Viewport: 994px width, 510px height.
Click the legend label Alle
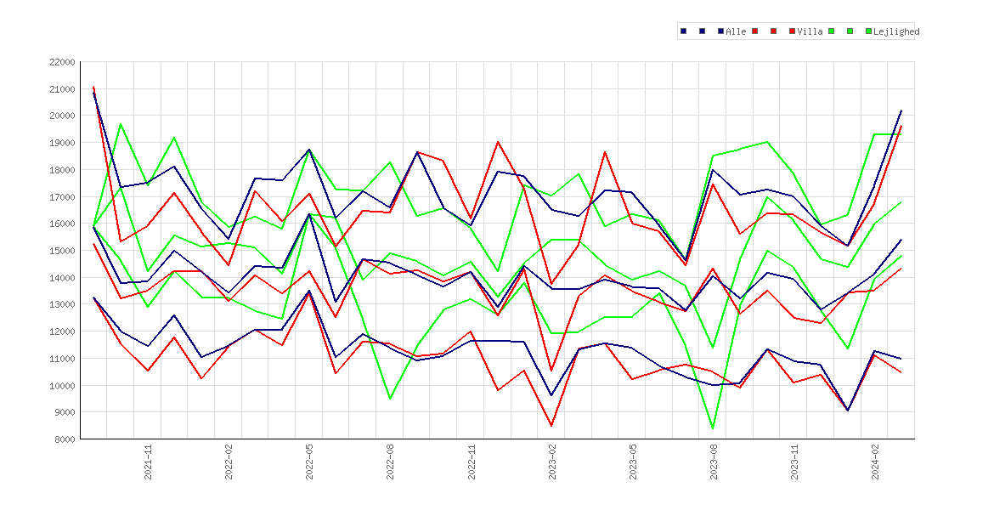[736, 31]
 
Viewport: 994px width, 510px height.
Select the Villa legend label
[810, 31]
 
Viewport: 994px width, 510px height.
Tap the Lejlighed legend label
[896, 31]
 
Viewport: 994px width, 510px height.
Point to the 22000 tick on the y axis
[62, 62]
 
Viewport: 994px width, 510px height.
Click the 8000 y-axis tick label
[65, 439]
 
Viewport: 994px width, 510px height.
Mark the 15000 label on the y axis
[62, 251]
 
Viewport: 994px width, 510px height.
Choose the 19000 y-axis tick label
[62, 143]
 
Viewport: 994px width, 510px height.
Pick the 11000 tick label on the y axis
[62, 359]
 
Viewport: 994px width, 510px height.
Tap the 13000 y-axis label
[62, 304]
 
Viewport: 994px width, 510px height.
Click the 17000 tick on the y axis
[62, 196]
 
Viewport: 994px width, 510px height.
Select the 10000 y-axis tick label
[62, 386]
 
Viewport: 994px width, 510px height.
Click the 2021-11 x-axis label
[148, 462]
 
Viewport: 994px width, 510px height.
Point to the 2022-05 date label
[309, 462]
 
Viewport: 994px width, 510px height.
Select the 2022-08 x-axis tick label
[391, 462]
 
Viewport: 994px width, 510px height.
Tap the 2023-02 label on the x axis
[552, 462]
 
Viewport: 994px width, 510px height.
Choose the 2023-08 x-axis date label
[714, 462]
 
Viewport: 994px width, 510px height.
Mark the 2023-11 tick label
[794, 462]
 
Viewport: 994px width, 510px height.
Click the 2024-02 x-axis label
[875, 462]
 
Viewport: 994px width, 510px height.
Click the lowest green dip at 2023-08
[713, 428]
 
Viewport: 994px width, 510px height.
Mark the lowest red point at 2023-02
[551, 426]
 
